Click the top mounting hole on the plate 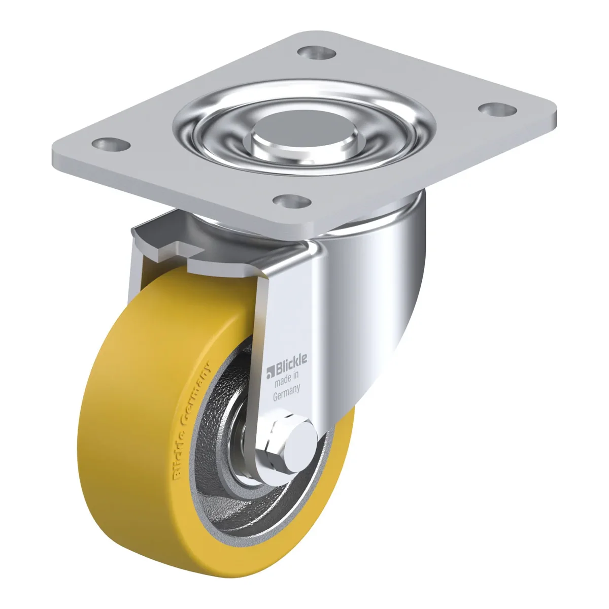pos(317,52)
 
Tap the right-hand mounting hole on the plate pos(497,110)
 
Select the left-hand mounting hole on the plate pos(111,145)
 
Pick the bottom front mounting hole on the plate pos(292,201)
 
